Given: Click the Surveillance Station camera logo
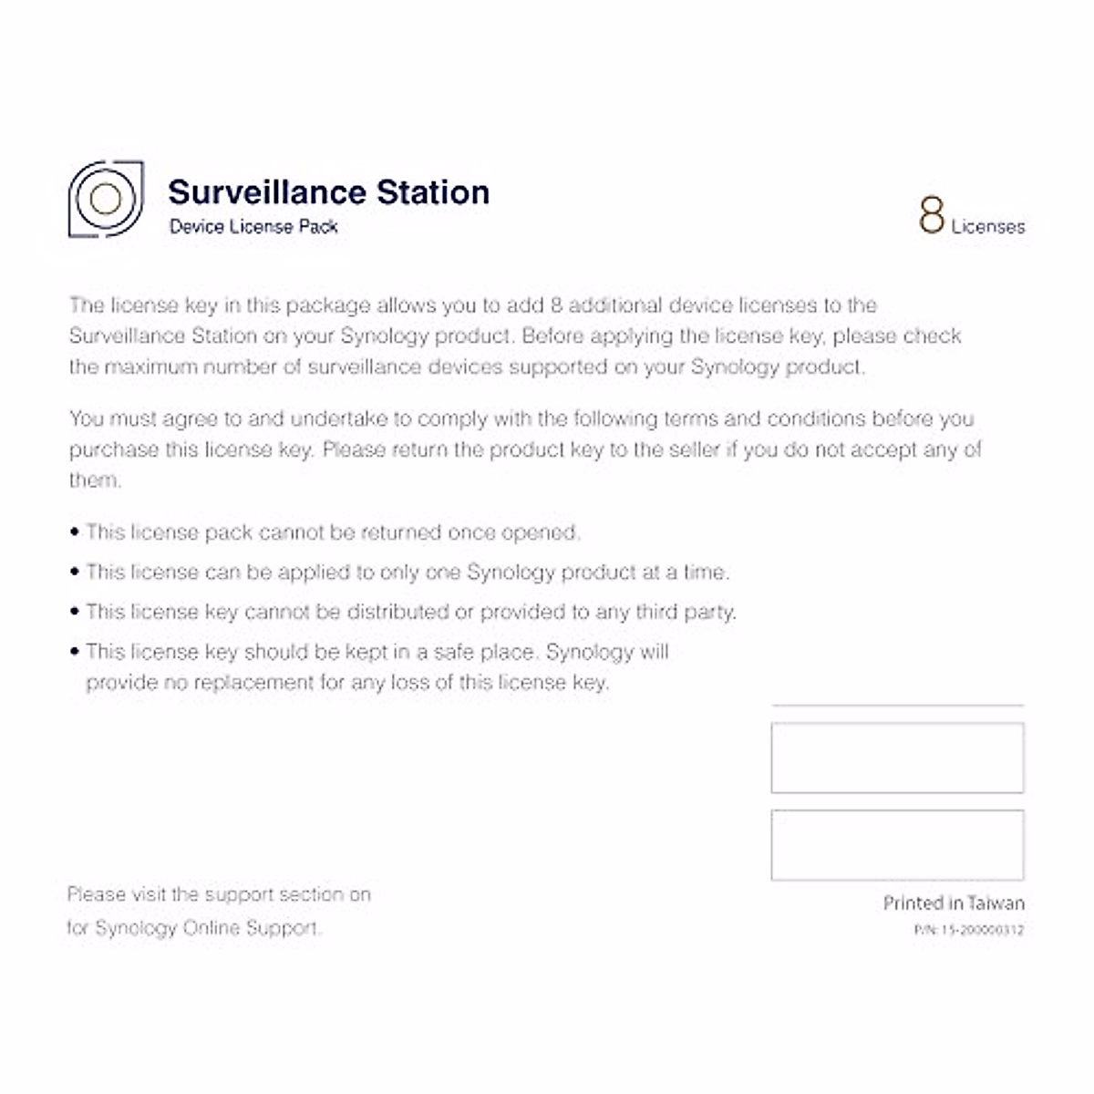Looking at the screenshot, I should coord(106,199).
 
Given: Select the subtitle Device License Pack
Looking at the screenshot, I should coord(253,227).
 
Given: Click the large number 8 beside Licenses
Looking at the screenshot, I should coord(931,216).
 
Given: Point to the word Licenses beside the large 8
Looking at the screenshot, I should coord(988,227).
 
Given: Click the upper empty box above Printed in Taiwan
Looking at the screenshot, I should coord(897,758).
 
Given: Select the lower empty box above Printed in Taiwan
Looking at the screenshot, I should coord(897,845).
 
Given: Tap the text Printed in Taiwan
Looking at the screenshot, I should coord(954,903).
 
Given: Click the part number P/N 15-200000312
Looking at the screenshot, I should coord(968,931).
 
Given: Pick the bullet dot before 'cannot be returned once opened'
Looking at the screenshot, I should coord(75,532).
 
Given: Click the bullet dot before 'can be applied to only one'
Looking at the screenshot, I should coord(75,573).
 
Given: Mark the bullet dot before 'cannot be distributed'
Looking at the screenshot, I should coord(75,612).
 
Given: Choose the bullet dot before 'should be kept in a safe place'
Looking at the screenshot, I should coord(75,652).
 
